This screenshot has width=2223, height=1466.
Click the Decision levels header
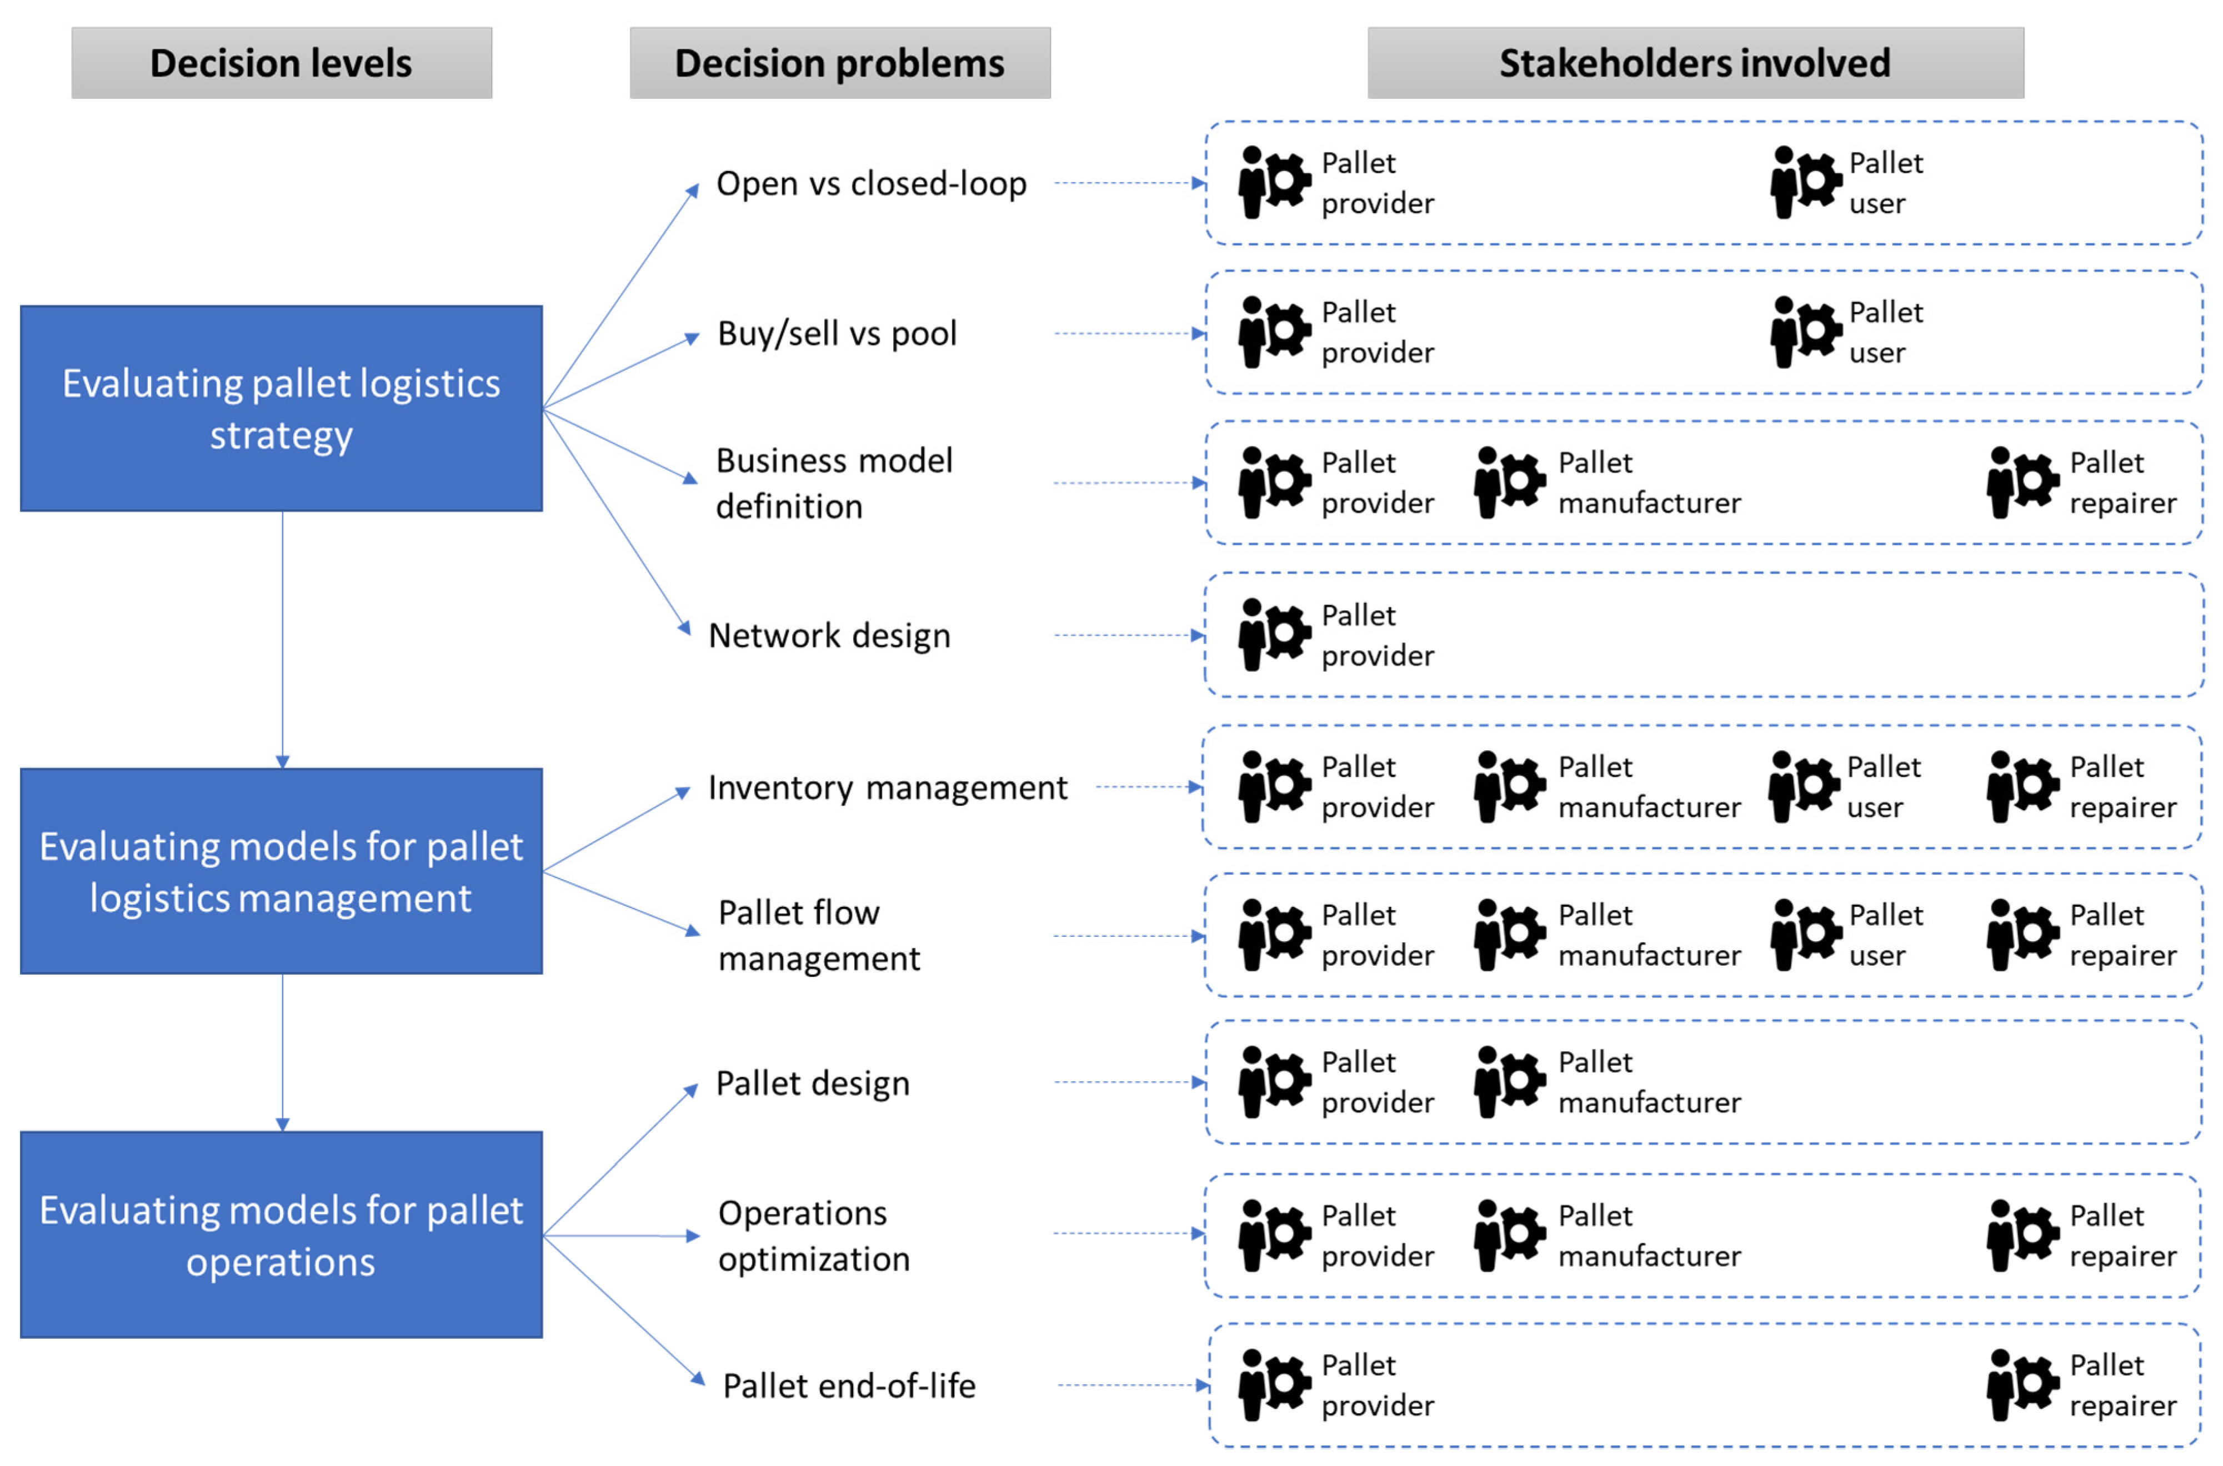point(282,63)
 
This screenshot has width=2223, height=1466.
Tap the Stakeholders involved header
point(1695,63)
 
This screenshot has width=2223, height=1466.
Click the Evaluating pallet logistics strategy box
point(282,409)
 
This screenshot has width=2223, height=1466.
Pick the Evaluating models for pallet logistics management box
point(282,871)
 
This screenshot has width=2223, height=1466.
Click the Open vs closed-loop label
point(870,183)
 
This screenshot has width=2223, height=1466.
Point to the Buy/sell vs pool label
point(837,333)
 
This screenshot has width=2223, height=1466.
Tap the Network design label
point(829,636)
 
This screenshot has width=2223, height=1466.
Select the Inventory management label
point(887,787)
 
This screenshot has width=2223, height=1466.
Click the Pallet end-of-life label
point(848,1385)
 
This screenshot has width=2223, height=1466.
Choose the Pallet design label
point(812,1083)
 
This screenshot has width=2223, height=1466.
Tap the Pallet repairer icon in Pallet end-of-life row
point(2022,1385)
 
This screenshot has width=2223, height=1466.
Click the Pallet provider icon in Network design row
point(1273,635)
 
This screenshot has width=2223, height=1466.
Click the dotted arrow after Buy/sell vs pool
point(1129,333)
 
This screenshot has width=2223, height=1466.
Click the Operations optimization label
point(813,1235)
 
